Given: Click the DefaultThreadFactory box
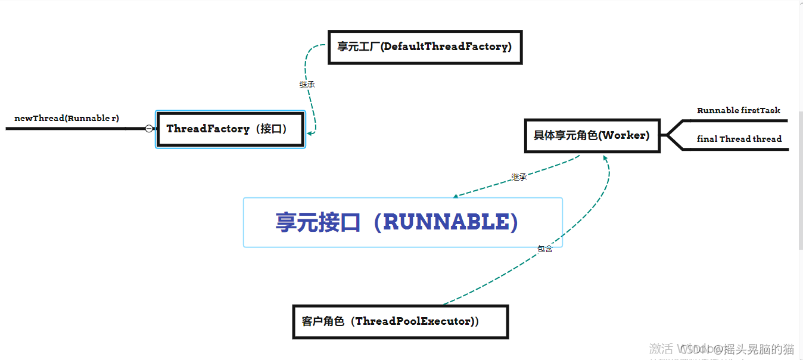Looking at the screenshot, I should tap(425, 47).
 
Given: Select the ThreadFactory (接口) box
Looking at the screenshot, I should tap(231, 129).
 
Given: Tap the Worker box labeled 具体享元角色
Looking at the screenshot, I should tap(592, 135).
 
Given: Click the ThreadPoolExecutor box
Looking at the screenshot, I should tap(400, 322).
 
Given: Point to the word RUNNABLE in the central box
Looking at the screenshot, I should tap(446, 222).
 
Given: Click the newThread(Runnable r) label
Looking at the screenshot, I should tap(67, 118).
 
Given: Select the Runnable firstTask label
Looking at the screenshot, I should tap(739, 110).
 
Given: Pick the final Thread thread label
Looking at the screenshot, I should tap(739, 139).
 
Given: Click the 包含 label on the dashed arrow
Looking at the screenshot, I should tap(545, 249).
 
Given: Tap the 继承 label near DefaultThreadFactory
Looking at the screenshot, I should tap(307, 85).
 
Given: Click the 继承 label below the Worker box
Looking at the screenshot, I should tap(519, 177).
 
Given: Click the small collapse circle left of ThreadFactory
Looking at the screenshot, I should tap(149, 128).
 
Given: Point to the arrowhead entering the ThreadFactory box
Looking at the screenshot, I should tap(310, 133).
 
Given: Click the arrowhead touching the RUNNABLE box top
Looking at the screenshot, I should tap(456, 195).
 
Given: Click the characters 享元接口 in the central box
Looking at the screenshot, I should tap(318, 222).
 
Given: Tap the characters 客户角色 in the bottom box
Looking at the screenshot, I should tap(323, 322).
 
